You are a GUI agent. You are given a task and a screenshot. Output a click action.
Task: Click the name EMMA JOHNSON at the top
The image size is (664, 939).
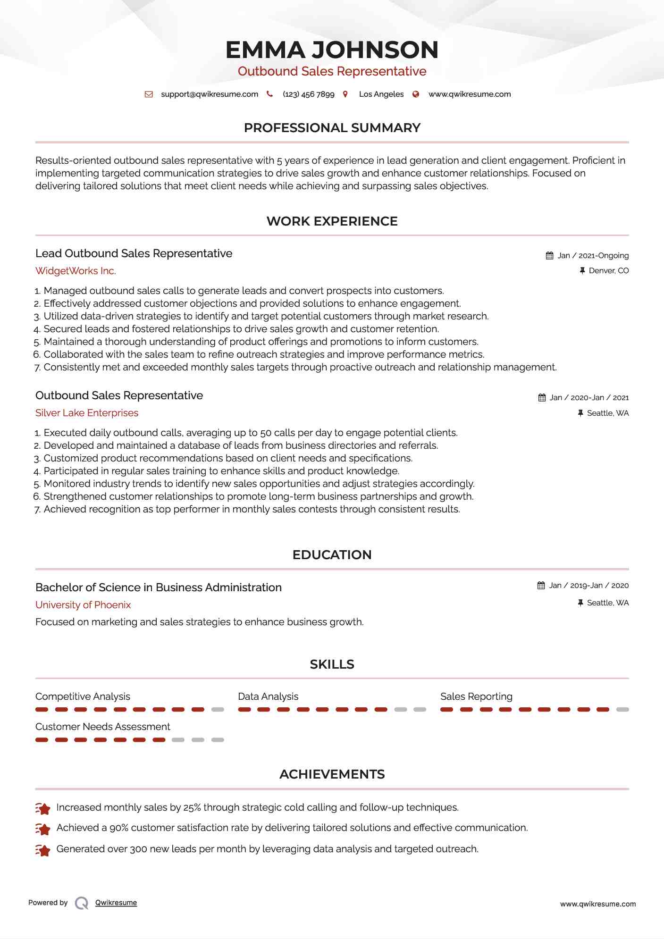pos(332,50)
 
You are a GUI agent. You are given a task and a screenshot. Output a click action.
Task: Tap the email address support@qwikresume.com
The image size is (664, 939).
pos(210,94)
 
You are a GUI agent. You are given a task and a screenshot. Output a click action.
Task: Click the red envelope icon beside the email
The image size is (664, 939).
pos(149,94)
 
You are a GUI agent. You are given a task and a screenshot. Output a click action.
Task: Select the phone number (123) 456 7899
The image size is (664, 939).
pos(308,94)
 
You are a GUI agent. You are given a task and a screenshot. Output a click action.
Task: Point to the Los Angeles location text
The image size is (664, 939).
pos(381,94)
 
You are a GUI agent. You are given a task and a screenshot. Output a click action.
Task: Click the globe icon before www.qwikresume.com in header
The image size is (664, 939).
pos(416,94)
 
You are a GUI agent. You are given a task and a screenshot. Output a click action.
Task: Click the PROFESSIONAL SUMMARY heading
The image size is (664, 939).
pos(332,128)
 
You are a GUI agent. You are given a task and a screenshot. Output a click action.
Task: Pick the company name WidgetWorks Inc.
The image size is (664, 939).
pos(76,271)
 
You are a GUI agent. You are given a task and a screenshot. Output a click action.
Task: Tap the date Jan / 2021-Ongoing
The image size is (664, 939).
pos(593,256)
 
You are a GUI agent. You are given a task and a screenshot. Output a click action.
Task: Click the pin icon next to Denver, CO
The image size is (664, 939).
pos(582,270)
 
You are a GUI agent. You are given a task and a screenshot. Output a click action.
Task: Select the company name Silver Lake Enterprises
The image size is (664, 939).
pos(87,413)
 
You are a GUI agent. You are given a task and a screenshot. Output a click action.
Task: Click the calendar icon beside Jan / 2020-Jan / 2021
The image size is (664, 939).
pos(542,398)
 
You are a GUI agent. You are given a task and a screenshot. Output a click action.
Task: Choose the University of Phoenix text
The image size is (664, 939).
pos(83,605)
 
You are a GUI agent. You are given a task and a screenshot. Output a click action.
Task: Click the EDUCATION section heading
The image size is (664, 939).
pos(332,555)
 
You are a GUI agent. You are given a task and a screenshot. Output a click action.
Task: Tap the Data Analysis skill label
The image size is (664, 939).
pos(268,696)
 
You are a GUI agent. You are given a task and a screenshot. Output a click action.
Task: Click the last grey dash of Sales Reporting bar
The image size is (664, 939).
pos(622,710)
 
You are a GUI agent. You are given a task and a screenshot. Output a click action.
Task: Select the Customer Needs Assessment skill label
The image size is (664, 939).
pos(102,727)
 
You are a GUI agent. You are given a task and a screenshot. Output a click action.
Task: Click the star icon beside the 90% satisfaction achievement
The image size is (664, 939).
pos(43,829)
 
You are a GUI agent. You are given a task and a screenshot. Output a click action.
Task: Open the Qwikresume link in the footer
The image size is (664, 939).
pos(116,903)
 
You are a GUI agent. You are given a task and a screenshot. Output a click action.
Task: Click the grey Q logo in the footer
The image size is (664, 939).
pos(82,903)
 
